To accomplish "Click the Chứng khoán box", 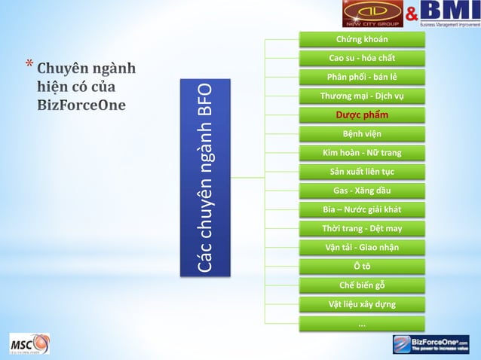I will click(361, 39).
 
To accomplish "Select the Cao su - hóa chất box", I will click(361, 58).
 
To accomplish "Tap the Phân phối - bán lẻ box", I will click(361, 77).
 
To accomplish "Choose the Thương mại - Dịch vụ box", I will click(361, 96).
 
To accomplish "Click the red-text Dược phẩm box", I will click(361, 115).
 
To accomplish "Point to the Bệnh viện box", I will click(361, 134).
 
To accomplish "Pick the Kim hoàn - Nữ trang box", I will click(361, 153).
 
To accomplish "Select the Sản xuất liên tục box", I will click(361, 172).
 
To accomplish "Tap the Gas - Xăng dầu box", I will click(361, 191).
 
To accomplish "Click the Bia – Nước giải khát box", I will click(361, 209).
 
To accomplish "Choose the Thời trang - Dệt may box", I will click(361, 228).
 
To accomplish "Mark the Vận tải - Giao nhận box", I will click(361, 247).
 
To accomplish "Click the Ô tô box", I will click(361, 266).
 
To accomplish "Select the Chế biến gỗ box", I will click(361, 285).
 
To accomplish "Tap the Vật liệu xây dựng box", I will click(361, 304).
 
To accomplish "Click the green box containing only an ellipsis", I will click(361, 323).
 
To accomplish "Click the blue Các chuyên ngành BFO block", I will click(206, 178).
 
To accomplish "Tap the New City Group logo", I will click(372, 14).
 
